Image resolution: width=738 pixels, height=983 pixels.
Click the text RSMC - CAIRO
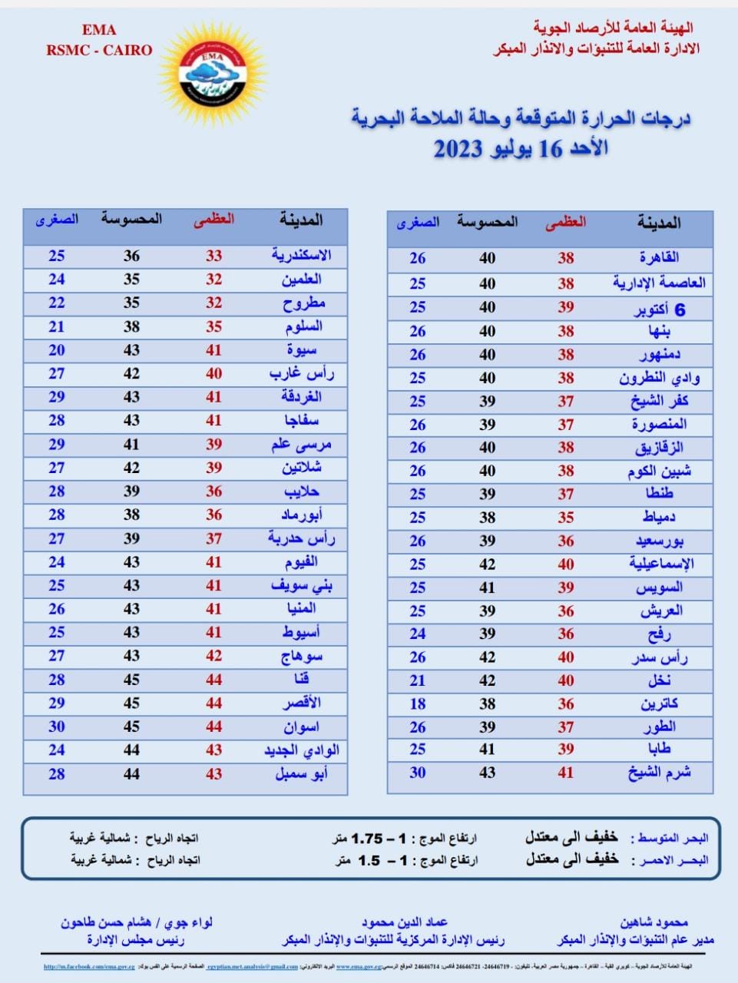pos(99,51)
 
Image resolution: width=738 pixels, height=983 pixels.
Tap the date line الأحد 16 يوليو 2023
pos(521,148)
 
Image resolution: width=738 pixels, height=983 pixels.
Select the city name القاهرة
pos(659,258)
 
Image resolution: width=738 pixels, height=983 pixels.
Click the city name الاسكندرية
pos(301,255)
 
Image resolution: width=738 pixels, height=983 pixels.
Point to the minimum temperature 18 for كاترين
pos(417,703)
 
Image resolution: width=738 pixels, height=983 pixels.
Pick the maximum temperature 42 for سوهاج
pos(213,656)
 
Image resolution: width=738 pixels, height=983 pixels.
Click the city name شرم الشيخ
pos(659,773)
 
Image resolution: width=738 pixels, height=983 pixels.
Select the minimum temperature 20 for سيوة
pos(57,350)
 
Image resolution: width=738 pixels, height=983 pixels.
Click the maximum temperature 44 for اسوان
pos(213,726)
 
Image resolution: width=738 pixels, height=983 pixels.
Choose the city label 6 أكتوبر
pos(659,309)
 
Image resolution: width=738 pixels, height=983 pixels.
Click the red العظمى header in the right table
pos(566,223)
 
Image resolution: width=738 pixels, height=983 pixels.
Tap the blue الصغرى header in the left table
pos(57,220)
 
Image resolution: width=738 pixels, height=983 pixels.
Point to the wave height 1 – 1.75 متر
pos(405,838)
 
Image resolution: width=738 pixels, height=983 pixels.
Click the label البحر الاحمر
pos(669,861)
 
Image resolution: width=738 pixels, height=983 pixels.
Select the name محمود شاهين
pos(654,922)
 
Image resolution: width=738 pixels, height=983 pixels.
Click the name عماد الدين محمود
pos(404,922)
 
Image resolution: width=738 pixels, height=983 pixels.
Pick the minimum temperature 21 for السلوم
pos(57,326)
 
